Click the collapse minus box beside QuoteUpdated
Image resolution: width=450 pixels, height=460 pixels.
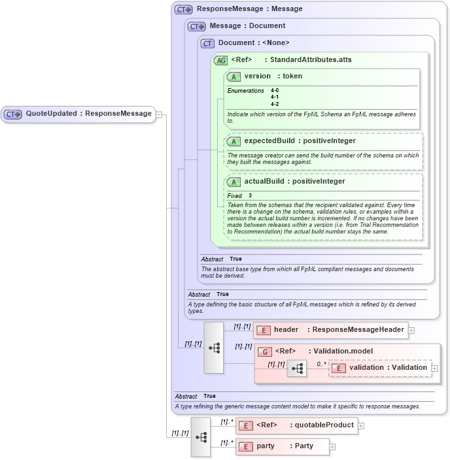(x=159, y=114)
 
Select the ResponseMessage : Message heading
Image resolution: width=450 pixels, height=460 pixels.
(x=249, y=10)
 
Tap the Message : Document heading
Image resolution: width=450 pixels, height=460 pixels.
(x=247, y=26)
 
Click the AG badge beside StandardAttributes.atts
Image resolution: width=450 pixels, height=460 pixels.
(x=221, y=60)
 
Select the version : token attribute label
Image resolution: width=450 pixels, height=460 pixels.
(x=273, y=76)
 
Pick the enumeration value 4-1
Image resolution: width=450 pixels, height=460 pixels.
(x=275, y=97)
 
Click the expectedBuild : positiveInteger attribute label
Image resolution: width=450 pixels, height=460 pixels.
(x=300, y=140)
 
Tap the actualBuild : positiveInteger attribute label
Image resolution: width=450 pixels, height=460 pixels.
(x=294, y=181)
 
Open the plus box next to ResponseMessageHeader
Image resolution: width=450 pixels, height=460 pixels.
(x=411, y=331)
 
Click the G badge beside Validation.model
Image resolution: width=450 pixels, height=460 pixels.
(x=265, y=352)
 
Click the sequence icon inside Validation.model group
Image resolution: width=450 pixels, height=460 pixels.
(x=296, y=369)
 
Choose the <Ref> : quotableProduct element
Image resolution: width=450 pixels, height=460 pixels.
(x=304, y=425)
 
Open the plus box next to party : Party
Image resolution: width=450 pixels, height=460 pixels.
(x=332, y=447)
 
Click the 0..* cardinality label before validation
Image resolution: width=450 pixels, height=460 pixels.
(x=321, y=365)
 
